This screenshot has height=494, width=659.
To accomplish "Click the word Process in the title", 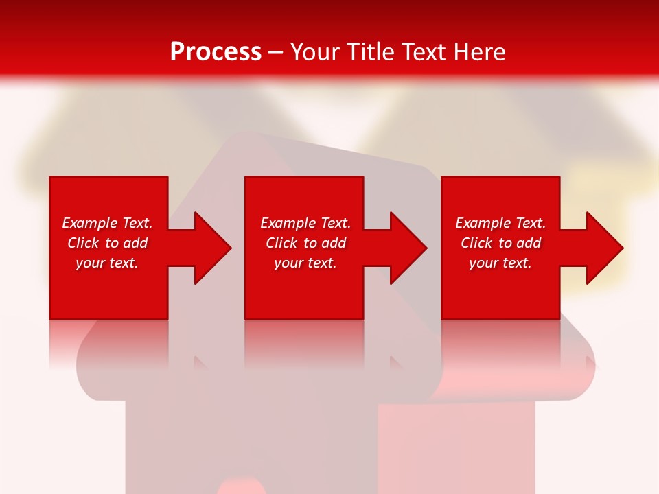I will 216,52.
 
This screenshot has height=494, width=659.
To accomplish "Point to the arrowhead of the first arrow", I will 213,248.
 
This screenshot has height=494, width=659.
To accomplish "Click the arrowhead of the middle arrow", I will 409,248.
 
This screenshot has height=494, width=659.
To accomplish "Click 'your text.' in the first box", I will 107,263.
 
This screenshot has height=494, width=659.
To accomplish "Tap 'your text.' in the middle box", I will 305,263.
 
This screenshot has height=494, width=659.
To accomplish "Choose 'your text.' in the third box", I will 500,263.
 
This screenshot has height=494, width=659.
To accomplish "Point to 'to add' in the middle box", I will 325,243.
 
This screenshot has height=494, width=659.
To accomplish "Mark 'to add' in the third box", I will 520,243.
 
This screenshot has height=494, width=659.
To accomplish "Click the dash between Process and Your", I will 276,52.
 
